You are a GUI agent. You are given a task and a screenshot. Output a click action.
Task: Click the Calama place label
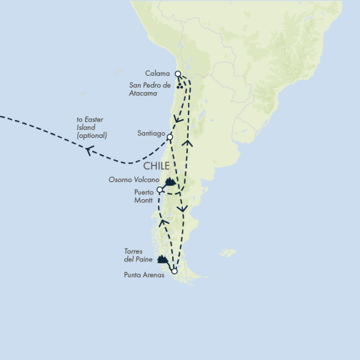click(x=157, y=73)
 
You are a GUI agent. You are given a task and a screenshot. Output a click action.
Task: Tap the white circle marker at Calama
click(x=178, y=73)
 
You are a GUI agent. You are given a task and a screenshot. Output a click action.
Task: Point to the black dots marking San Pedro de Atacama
click(x=180, y=87)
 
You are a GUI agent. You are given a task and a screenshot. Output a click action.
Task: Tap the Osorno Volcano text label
click(x=134, y=179)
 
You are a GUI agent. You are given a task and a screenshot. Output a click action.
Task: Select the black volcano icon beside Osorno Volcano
click(x=170, y=182)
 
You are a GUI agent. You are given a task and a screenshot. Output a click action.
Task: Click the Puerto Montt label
click(x=144, y=196)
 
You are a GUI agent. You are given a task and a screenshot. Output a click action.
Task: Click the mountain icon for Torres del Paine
click(x=163, y=260)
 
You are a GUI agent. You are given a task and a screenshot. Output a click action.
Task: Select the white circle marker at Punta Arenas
click(x=174, y=271)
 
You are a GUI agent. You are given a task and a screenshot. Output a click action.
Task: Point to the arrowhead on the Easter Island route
click(x=89, y=150)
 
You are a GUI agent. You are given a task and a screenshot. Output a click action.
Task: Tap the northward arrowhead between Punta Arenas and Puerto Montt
click(x=163, y=222)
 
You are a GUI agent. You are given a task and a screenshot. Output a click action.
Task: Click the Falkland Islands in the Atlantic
click(x=227, y=253)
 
